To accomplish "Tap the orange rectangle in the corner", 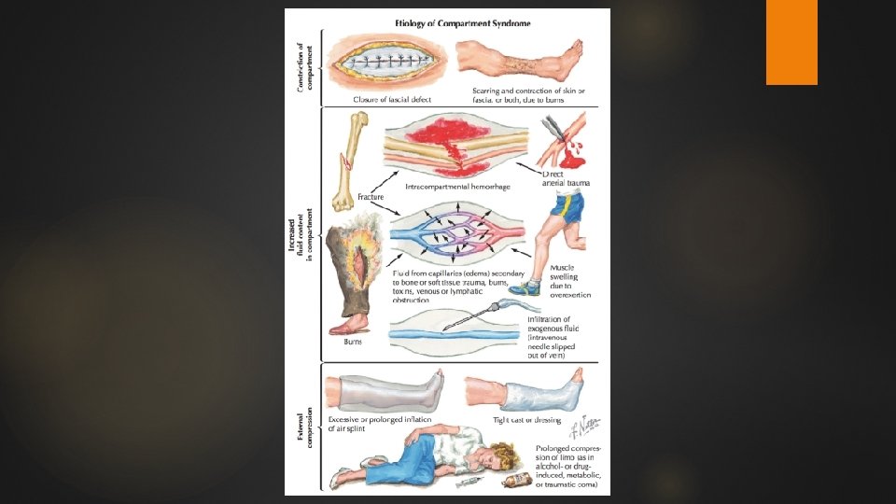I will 791,42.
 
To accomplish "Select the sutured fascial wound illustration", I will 385,63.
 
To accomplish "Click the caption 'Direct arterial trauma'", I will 566,178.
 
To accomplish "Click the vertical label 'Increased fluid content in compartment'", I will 298,239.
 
